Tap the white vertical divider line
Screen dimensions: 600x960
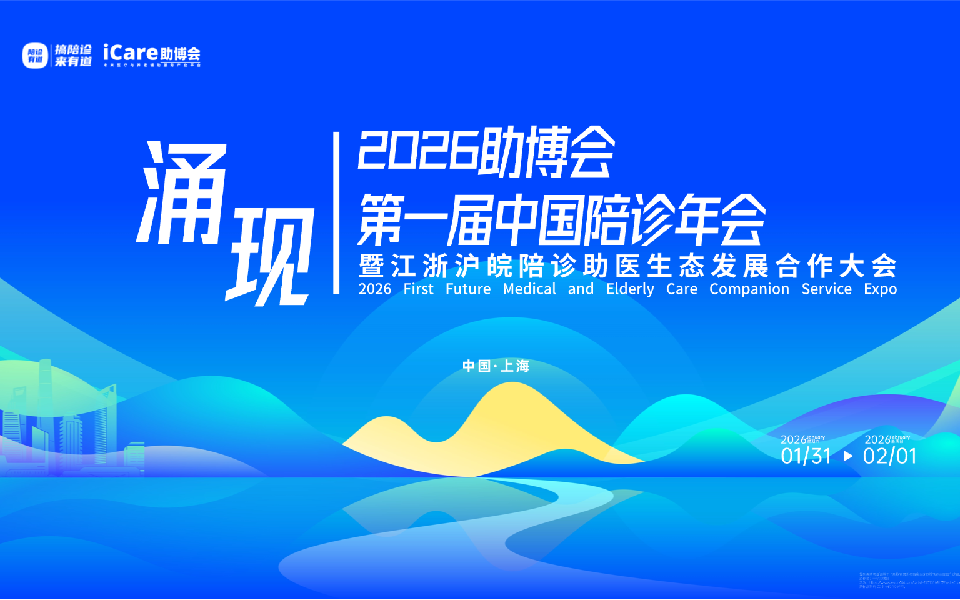(x=336, y=212)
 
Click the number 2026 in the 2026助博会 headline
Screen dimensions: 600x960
(x=416, y=150)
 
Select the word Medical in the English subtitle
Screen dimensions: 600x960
(x=529, y=289)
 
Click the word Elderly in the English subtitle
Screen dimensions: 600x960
(x=630, y=289)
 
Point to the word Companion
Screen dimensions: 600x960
(x=749, y=289)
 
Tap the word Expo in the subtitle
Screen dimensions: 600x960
(x=880, y=289)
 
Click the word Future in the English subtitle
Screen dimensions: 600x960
(x=468, y=289)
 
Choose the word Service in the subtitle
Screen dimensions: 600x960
(x=826, y=289)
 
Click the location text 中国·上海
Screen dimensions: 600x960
(x=496, y=366)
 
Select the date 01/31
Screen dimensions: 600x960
(x=806, y=456)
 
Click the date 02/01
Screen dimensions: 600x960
(x=889, y=456)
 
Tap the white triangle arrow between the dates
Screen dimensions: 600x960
(x=848, y=456)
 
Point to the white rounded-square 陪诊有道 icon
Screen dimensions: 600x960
(x=35, y=56)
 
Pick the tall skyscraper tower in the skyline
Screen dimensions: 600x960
(x=45, y=400)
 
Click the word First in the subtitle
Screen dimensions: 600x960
(x=418, y=289)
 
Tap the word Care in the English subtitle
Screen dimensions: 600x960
(x=681, y=289)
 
